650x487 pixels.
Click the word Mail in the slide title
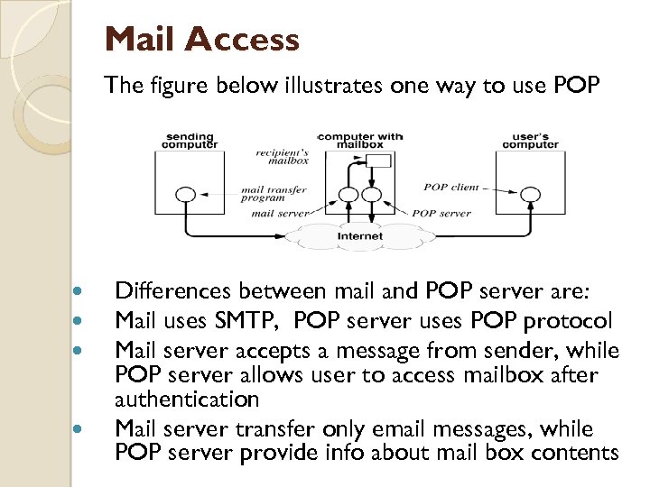tap(143, 40)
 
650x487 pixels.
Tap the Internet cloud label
tap(360, 236)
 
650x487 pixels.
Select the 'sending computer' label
tap(189, 141)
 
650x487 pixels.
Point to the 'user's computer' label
tap(530, 141)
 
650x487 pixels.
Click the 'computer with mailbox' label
tap(360, 141)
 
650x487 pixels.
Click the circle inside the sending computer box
tap(185, 194)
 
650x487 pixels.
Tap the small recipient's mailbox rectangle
tap(379, 161)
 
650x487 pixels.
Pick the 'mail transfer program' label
tap(274, 194)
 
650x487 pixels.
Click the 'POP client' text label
tap(451, 188)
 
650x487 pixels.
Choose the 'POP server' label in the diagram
tap(441, 214)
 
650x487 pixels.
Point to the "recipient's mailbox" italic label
tap(282, 156)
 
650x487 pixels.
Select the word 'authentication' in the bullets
tap(187, 399)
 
